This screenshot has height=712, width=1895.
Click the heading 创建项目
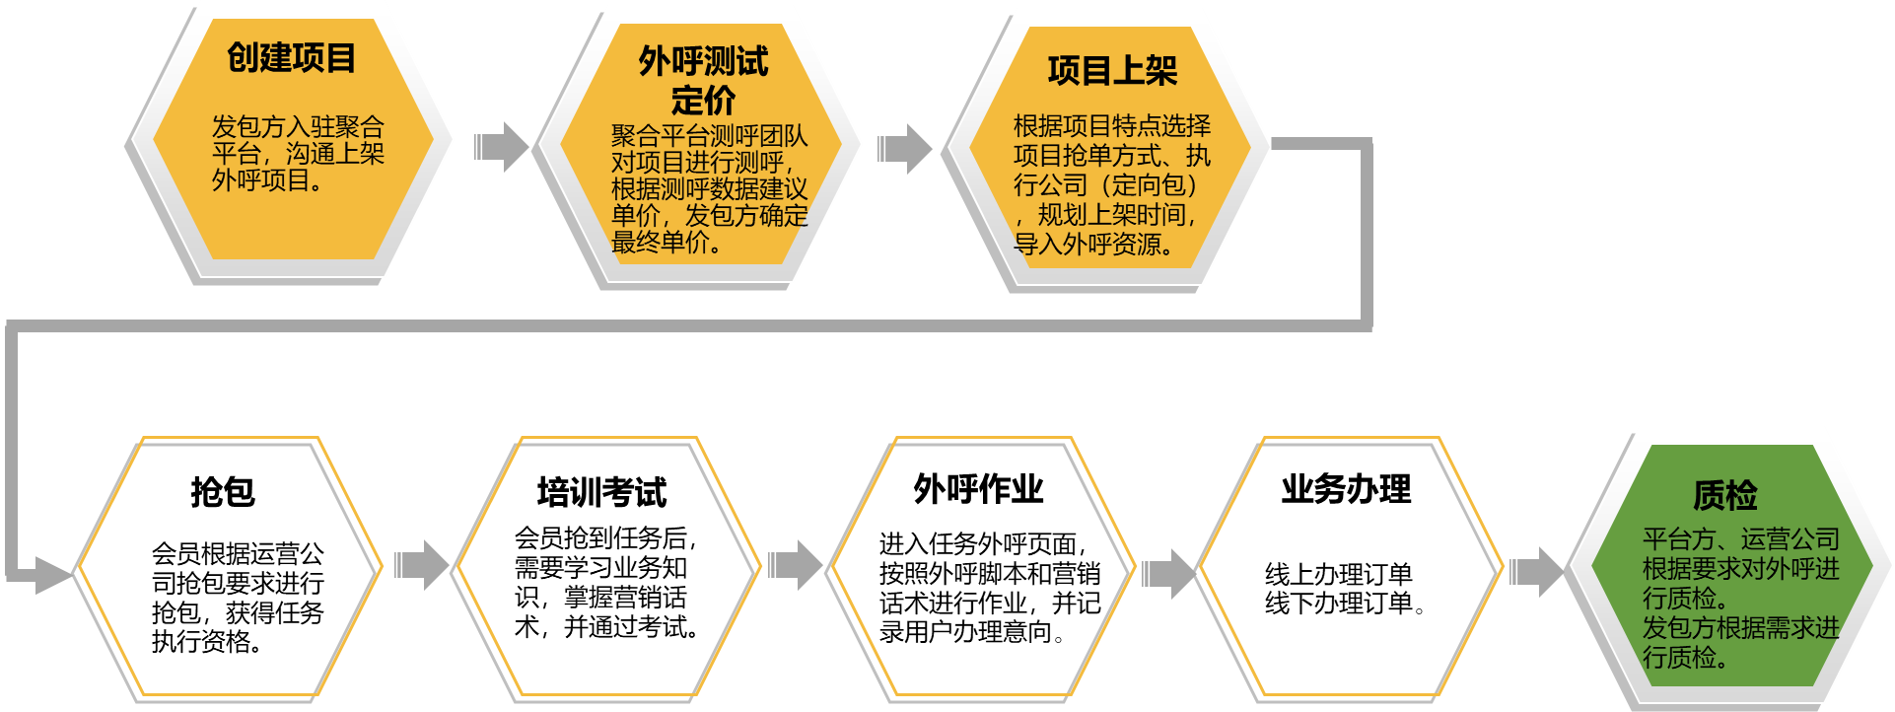(x=291, y=58)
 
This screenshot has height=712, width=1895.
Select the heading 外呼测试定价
(x=702, y=80)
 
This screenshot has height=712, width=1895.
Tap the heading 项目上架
(x=1112, y=71)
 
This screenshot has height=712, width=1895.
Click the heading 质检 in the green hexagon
(x=1724, y=495)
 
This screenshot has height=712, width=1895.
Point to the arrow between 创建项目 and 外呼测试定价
(x=502, y=147)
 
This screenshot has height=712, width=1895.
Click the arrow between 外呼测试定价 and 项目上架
(x=904, y=149)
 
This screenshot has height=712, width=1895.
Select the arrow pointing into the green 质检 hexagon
(x=1537, y=572)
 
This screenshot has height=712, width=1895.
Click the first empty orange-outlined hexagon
(x=231, y=566)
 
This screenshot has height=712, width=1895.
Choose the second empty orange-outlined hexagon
(x=609, y=566)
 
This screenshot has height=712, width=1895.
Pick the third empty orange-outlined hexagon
(x=984, y=566)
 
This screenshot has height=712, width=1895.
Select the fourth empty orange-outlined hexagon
(x=1352, y=566)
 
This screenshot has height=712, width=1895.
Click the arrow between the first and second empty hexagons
(x=422, y=565)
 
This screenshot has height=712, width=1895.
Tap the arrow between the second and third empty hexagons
(x=795, y=565)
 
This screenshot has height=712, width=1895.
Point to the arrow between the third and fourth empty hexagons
(x=1168, y=573)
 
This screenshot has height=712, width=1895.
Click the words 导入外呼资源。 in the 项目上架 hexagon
(x=1094, y=245)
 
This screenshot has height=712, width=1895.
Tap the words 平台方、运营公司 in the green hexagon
(x=1740, y=539)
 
